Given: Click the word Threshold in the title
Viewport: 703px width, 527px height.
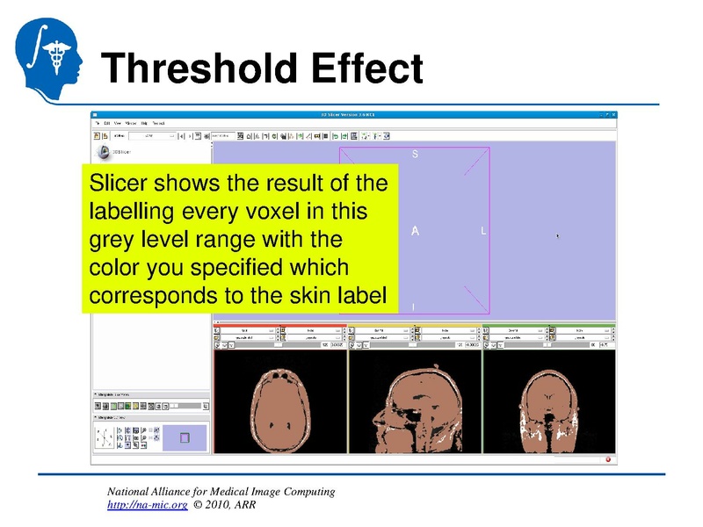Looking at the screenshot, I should point(197,68).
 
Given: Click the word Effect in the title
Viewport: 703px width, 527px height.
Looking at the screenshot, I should point(362,68).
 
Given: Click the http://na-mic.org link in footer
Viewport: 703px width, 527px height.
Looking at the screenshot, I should point(147,506).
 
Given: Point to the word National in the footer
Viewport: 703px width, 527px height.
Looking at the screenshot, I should point(131,491).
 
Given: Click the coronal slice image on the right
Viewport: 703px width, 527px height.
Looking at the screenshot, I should point(549,404).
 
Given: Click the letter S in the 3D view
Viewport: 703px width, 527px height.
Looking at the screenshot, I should point(415,155).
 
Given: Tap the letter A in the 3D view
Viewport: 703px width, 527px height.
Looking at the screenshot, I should point(415,231).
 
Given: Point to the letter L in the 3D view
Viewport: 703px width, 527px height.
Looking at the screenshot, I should point(483,231).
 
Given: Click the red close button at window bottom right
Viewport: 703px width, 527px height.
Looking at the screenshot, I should point(606,458).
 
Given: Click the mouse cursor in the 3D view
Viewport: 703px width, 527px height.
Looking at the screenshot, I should point(558,235).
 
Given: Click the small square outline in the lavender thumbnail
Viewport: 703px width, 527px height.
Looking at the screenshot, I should point(185,437).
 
